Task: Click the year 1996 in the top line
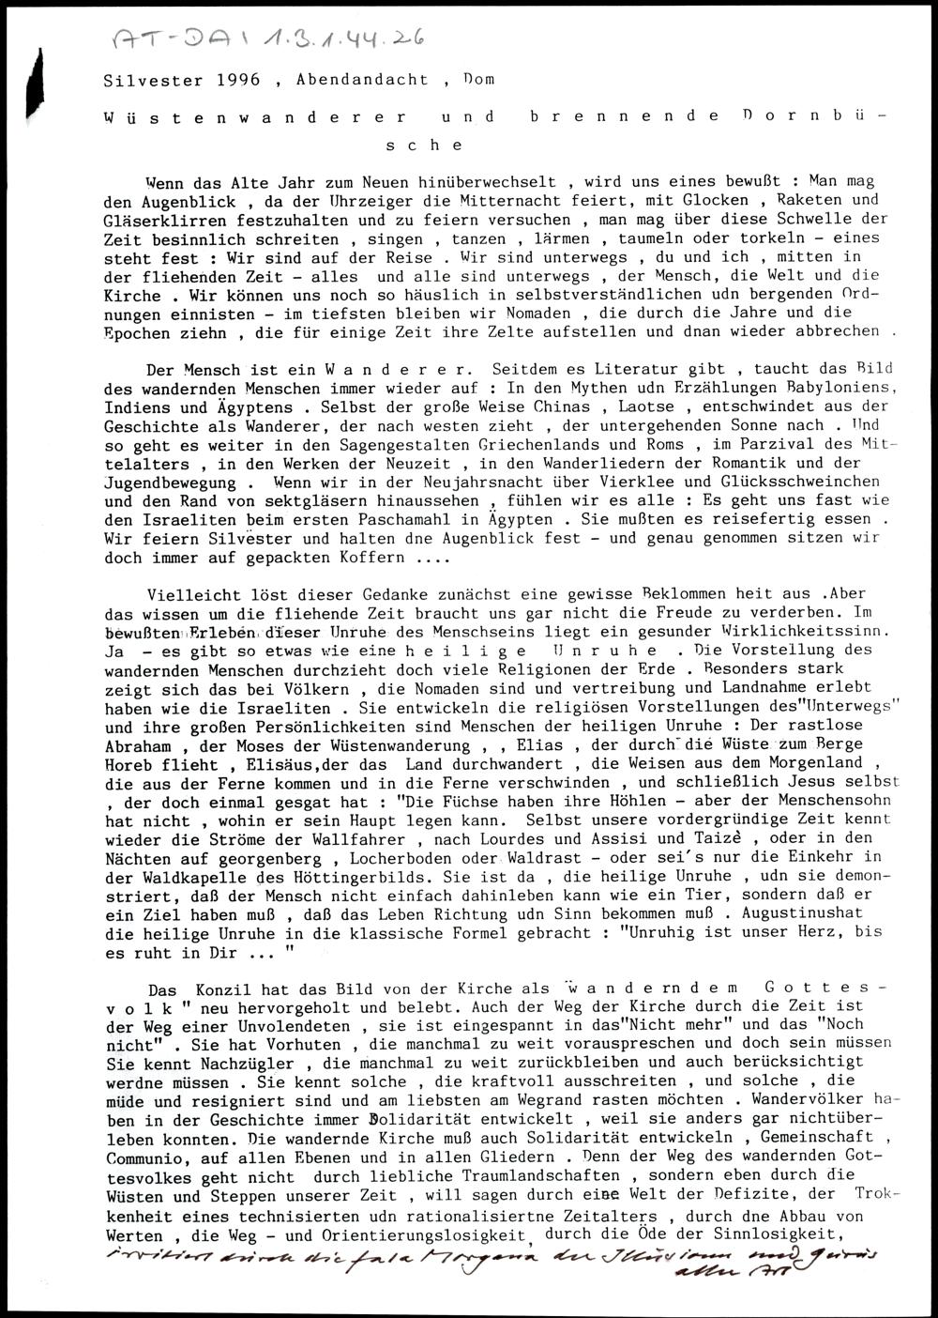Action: click(x=237, y=80)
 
